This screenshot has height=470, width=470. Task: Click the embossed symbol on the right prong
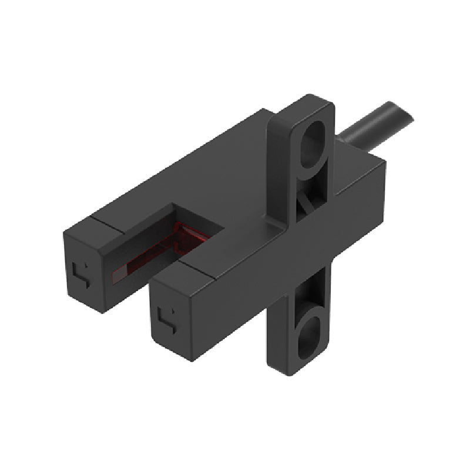(x=166, y=318)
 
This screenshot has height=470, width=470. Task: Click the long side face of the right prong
(x=235, y=294)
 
